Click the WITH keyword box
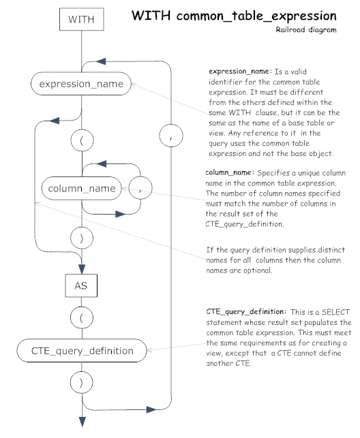pyautogui.click(x=82, y=19)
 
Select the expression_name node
pyautogui.click(x=81, y=84)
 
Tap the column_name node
pyautogui.click(x=82, y=188)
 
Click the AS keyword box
pyautogui.click(x=81, y=285)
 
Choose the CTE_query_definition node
pyautogui.click(x=82, y=351)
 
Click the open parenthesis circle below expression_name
pyautogui.click(x=82, y=140)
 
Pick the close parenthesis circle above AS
pyautogui.click(x=82, y=238)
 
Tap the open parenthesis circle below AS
pyautogui.click(x=82, y=317)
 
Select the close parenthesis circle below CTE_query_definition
pyautogui.click(x=82, y=382)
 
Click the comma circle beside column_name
pyautogui.click(x=140, y=188)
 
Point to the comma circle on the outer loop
pyautogui.click(x=171, y=136)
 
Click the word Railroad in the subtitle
pyautogui.click(x=290, y=29)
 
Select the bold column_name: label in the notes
pyautogui.click(x=230, y=172)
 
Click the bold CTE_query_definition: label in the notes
pyautogui.click(x=246, y=312)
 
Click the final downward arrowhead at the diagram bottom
pyautogui.click(x=82, y=422)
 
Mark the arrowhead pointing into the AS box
pyautogui.click(x=82, y=269)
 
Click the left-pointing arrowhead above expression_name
pyautogui.click(x=101, y=61)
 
